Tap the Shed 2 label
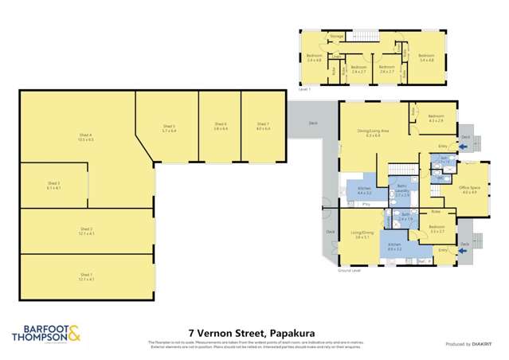pos(86,233)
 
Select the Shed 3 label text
pos(53,186)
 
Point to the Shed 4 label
pos(86,138)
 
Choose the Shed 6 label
pos(221,125)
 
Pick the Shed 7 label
pos(263,125)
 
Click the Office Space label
pos(467,190)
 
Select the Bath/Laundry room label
pos(402,192)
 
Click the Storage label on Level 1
pos(337,37)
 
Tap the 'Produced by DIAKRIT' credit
pos(468,343)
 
